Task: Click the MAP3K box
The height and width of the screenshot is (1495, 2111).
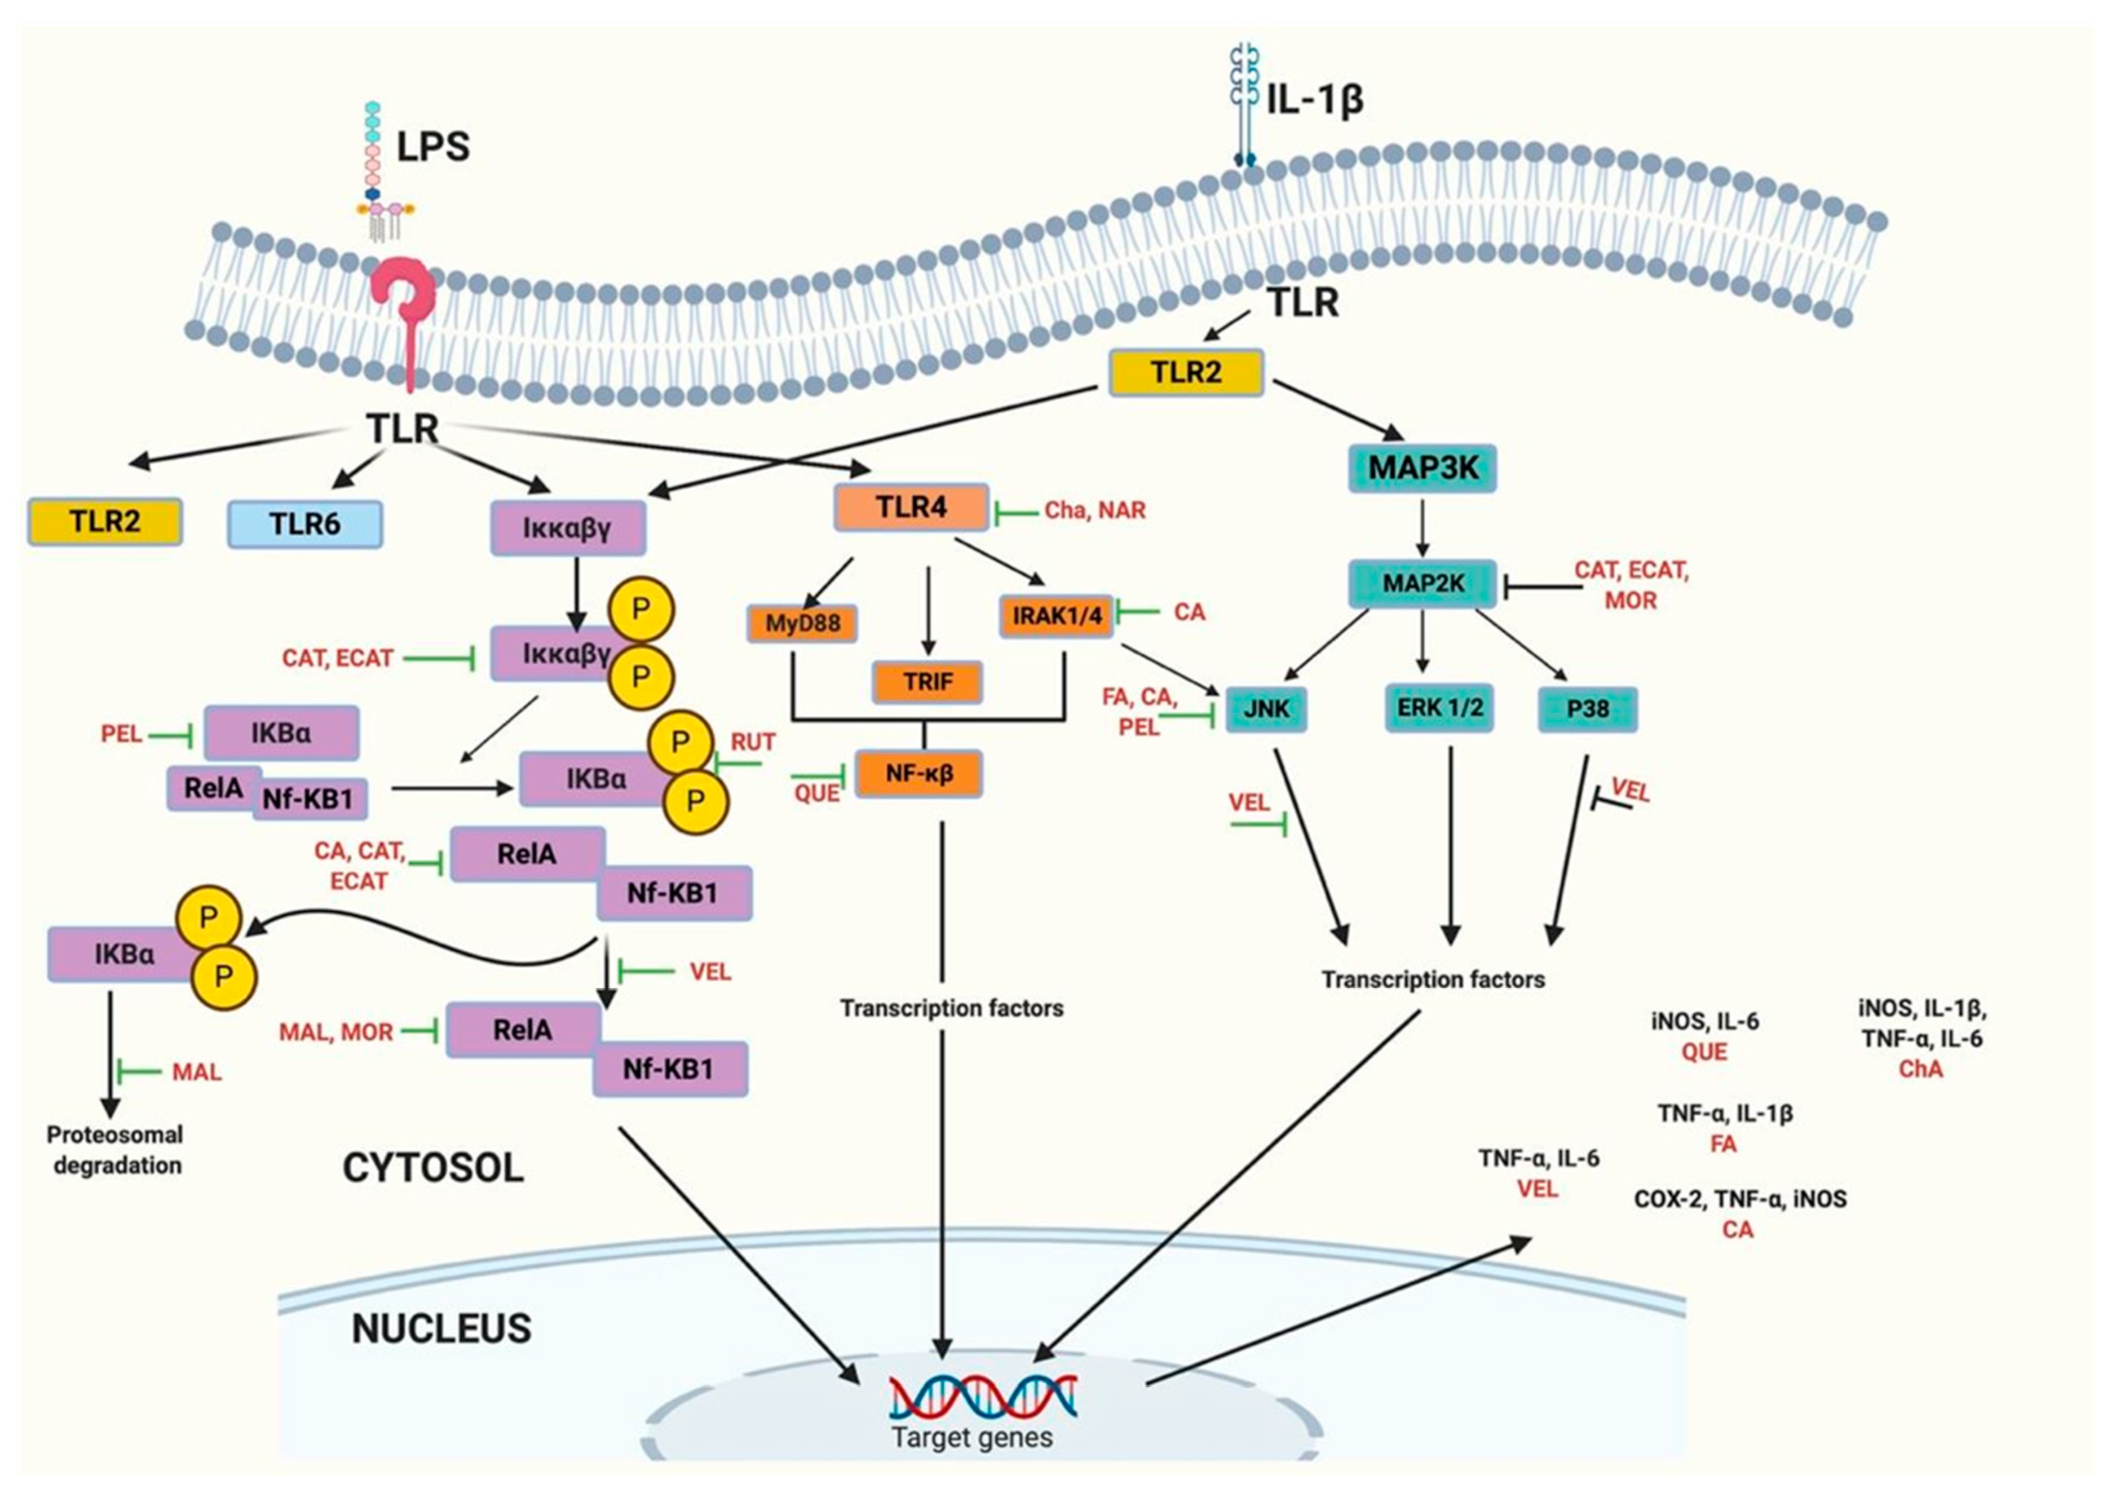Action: tap(1422, 468)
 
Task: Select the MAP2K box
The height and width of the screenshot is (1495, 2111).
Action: tap(1422, 583)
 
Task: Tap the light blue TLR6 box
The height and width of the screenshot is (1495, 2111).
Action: tap(305, 524)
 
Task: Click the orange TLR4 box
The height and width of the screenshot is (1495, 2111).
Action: tap(911, 507)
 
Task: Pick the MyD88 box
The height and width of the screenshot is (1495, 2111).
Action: tap(802, 624)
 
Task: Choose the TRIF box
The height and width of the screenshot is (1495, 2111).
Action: tap(927, 682)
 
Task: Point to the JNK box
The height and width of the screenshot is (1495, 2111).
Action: tap(1267, 709)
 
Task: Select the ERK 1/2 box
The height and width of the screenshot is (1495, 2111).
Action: tap(1439, 708)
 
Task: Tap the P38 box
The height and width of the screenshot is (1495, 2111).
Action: tap(1587, 709)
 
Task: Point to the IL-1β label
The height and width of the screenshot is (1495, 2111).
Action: tap(1314, 99)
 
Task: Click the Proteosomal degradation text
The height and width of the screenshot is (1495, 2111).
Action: tap(115, 1150)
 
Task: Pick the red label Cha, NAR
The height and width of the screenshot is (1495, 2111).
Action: tap(1094, 511)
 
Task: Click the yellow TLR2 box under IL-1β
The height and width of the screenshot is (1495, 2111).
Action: tap(1186, 372)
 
